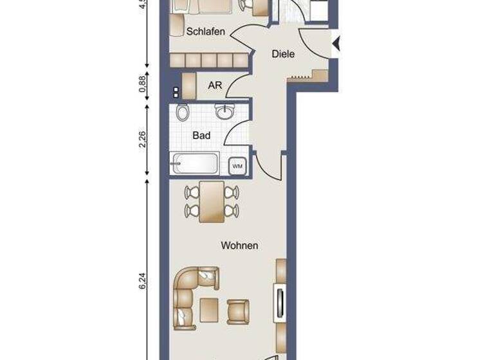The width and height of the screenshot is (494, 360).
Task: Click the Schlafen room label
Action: tap(205, 31)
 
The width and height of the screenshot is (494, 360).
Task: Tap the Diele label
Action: tap(283, 54)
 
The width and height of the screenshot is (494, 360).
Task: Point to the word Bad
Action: tap(201, 136)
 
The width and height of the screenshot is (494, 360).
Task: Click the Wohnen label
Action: tap(239, 246)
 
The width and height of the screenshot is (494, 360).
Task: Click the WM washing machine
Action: tap(237, 166)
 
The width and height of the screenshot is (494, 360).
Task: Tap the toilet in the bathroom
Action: tap(183, 113)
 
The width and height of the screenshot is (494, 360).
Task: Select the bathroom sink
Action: tap(224, 112)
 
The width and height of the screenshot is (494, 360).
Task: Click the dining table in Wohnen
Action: tap(212, 201)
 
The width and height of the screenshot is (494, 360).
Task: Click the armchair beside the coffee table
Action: tap(237, 310)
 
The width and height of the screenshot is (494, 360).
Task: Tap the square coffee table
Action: tap(209, 309)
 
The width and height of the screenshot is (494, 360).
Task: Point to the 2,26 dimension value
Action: tap(143, 139)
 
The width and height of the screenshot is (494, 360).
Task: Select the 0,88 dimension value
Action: tap(143, 84)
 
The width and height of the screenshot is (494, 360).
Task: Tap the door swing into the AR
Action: tap(236, 82)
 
